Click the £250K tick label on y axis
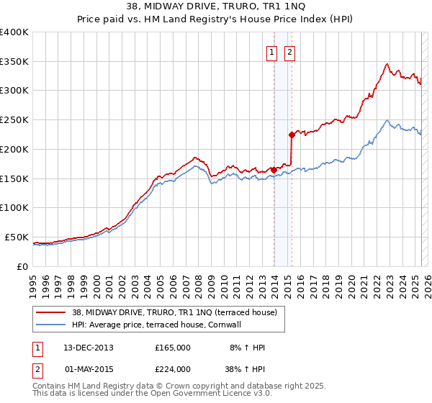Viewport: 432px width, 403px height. pos(14,119)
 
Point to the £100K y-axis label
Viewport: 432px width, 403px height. pos(14,207)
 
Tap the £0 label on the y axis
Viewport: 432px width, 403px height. pos(22,266)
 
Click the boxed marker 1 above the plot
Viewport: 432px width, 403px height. pos(272,51)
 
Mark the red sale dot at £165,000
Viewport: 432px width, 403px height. pos(274,170)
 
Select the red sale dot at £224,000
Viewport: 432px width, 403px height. pos(292,135)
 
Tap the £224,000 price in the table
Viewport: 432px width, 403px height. pos(173,369)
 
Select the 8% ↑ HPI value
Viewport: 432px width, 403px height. pos(247,348)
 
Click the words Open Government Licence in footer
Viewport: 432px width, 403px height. pos(202,394)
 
